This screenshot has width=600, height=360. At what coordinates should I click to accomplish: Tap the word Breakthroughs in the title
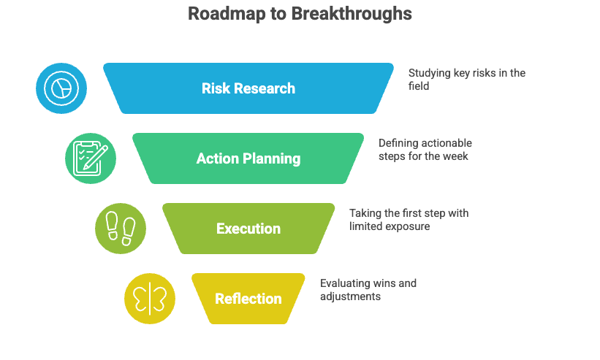(x=352, y=14)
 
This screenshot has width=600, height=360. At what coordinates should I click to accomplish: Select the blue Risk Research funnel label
(x=248, y=88)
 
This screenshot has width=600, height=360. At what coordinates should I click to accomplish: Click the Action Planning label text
(x=248, y=158)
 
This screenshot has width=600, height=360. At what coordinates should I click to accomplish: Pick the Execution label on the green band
(x=248, y=229)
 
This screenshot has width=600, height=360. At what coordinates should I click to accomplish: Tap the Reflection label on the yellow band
(x=248, y=299)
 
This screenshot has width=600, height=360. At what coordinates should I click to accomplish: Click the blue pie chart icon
(x=61, y=88)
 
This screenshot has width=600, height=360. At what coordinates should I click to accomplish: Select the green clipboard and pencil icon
(x=91, y=158)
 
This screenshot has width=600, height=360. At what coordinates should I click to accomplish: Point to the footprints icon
(x=121, y=229)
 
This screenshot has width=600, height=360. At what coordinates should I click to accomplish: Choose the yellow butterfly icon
(x=150, y=299)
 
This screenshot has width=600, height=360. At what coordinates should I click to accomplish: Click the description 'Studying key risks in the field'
(x=466, y=79)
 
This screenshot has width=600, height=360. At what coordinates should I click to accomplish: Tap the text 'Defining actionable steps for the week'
(x=425, y=149)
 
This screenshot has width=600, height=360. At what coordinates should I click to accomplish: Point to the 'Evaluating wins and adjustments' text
(x=368, y=290)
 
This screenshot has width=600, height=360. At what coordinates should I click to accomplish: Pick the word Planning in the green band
(x=272, y=158)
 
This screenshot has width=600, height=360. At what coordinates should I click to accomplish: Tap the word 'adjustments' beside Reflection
(x=351, y=296)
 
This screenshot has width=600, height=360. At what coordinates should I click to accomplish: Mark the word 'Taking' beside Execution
(x=365, y=213)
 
